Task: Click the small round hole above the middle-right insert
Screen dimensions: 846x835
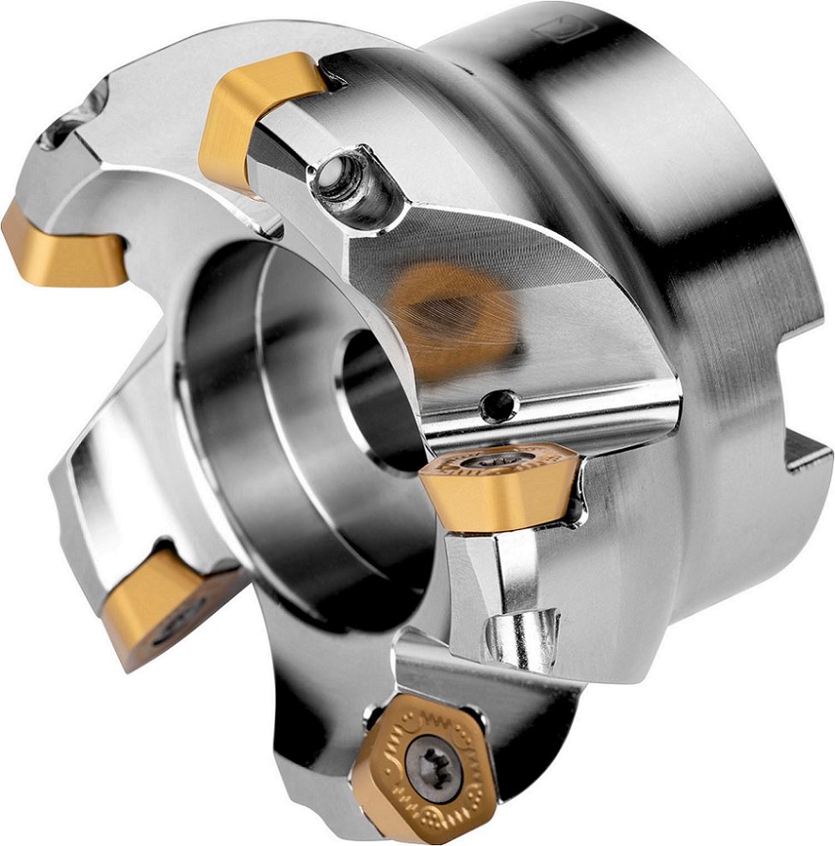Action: [x=499, y=405]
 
